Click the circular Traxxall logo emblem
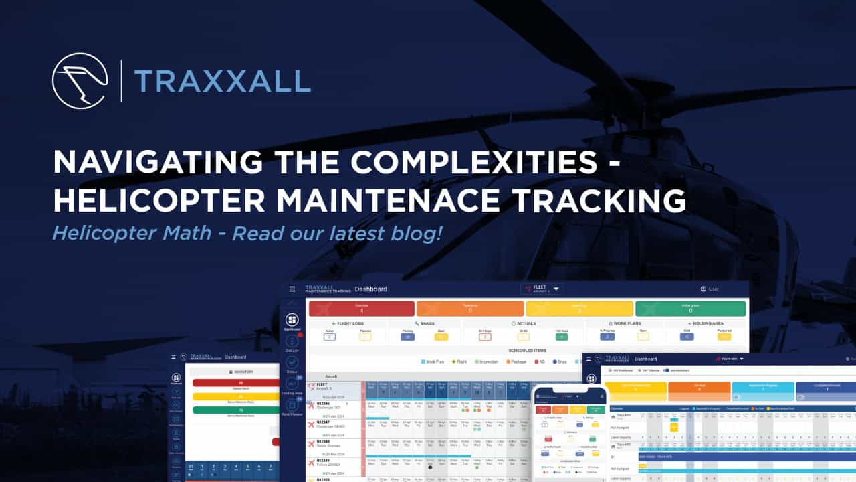(x=80, y=80)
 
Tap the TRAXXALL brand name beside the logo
(x=222, y=81)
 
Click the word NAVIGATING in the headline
(x=153, y=163)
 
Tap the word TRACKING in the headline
(x=606, y=201)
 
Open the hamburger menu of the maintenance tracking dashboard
(x=292, y=289)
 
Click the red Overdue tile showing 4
(x=361, y=308)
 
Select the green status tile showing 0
(x=690, y=308)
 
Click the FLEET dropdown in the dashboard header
(x=542, y=289)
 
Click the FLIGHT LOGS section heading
(x=347, y=323)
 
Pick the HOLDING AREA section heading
(x=706, y=323)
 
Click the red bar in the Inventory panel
(x=235, y=383)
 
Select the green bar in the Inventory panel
(x=235, y=410)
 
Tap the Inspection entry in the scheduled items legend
(x=486, y=361)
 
